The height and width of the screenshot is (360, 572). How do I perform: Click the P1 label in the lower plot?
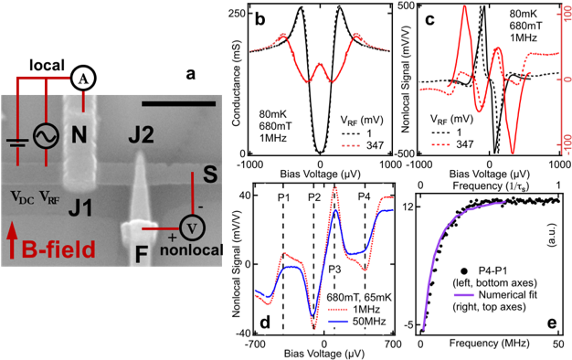coord(283,197)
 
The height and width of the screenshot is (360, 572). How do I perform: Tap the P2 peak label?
coord(314,197)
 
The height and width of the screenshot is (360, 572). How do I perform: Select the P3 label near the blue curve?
coord(334,268)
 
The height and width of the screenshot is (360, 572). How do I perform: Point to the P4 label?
coord(364,197)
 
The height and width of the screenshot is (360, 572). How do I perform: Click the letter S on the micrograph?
coord(208,176)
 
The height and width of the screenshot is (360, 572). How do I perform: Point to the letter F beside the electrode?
coord(141,254)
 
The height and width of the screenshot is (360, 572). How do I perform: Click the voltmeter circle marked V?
coord(192,227)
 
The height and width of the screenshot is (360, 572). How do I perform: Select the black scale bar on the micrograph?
coord(179,102)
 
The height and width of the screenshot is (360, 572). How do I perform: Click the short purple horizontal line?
coord(463,295)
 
